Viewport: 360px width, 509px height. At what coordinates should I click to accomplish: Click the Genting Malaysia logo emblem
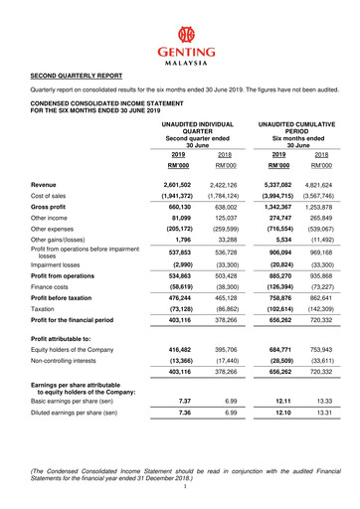click(180, 35)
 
